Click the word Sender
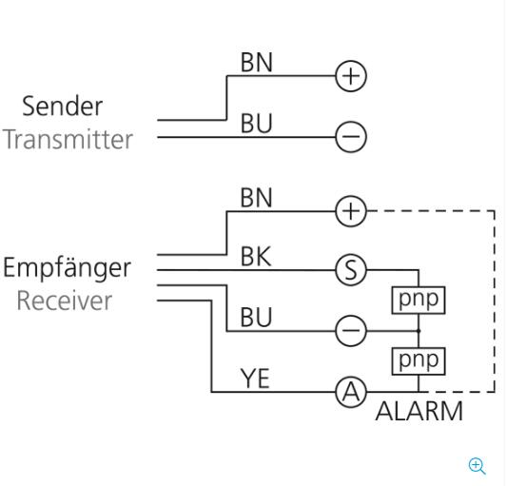pyautogui.click(x=62, y=107)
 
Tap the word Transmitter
pyautogui.click(x=68, y=140)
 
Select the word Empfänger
pyautogui.click(x=68, y=268)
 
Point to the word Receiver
pyautogui.click(x=65, y=301)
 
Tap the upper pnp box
pyautogui.click(x=418, y=301)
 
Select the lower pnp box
pyautogui.click(x=418, y=361)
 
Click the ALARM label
pyautogui.click(x=419, y=411)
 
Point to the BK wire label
pyautogui.click(x=256, y=257)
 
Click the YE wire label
pyautogui.click(x=255, y=379)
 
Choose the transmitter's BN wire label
pyautogui.click(x=257, y=62)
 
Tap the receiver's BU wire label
pyautogui.click(x=256, y=318)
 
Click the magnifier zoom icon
pyautogui.click(x=477, y=466)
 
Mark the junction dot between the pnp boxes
pyautogui.click(x=418, y=331)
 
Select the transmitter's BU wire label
pyautogui.click(x=257, y=124)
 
